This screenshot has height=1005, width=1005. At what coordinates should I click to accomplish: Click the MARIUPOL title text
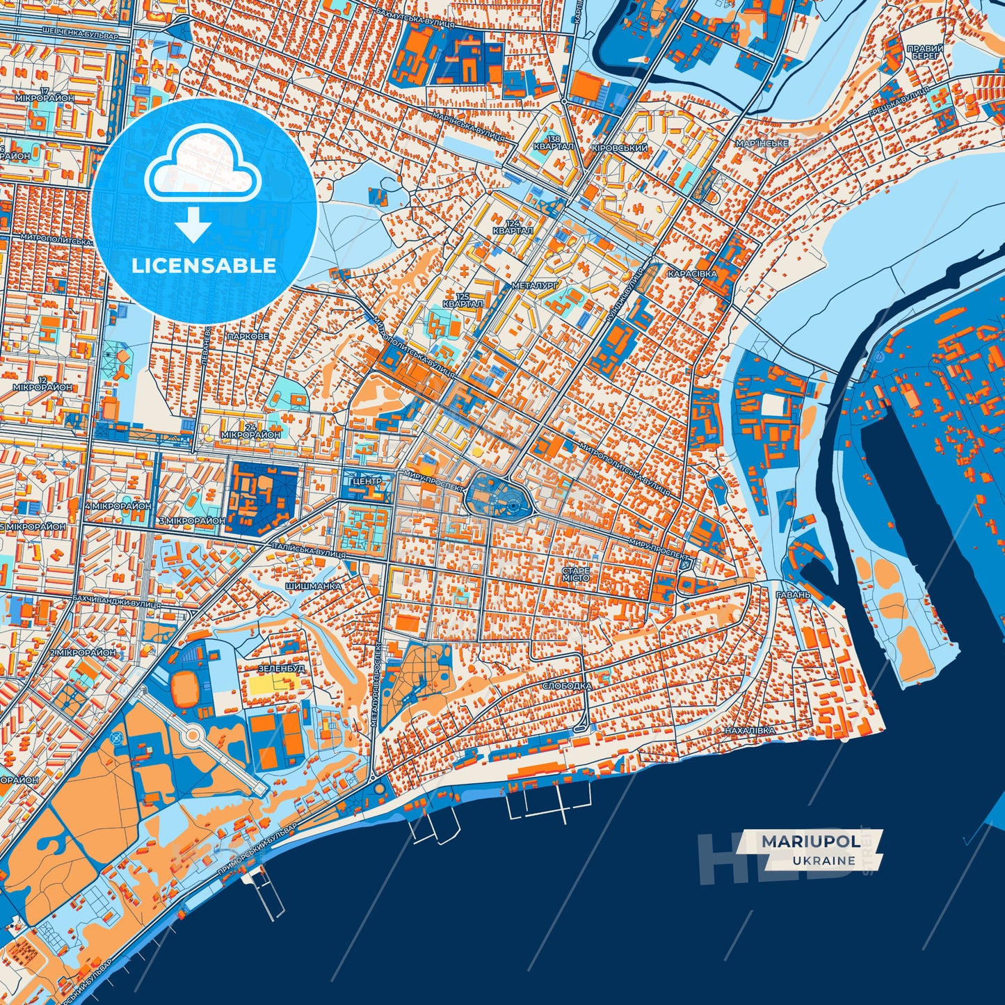point(809,842)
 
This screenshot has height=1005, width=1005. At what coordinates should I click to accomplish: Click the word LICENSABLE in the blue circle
point(204,266)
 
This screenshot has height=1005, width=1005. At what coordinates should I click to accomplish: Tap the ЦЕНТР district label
point(367,481)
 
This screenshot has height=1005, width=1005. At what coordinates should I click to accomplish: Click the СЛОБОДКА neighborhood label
point(566,686)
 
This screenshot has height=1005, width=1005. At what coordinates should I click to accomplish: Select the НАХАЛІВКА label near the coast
point(749,731)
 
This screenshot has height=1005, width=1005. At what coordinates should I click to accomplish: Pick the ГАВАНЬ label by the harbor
point(794,595)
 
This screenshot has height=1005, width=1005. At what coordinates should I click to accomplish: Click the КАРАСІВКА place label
point(692,274)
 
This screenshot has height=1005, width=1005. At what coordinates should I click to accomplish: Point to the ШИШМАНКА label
point(313,586)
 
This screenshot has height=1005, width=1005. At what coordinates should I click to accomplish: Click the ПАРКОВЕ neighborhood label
point(247,336)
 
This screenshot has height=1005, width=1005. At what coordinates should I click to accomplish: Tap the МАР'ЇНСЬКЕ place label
point(762,143)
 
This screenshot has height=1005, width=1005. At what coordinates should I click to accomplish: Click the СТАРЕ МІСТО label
point(576,574)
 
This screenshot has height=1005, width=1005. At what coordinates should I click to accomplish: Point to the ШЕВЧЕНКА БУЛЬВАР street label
point(80,33)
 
